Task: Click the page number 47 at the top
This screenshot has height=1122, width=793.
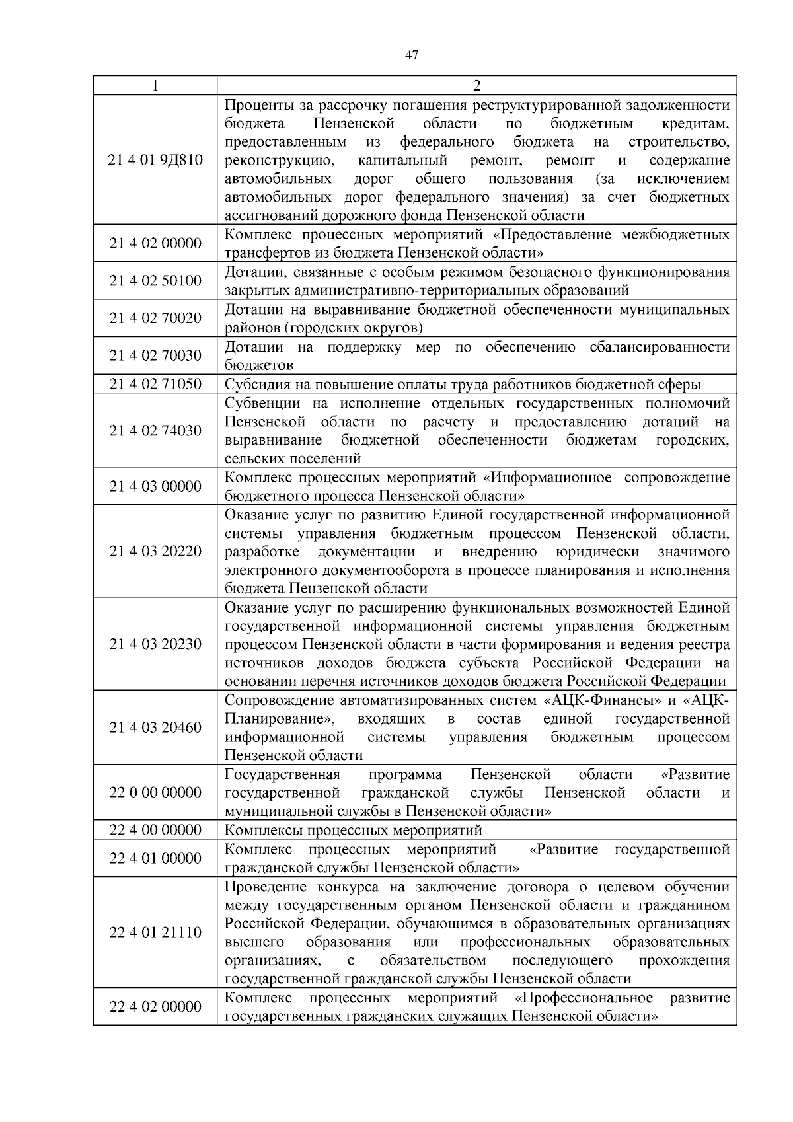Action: (x=411, y=56)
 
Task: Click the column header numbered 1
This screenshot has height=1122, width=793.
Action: (x=155, y=86)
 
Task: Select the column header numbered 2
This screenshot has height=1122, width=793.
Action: (x=476, y=86)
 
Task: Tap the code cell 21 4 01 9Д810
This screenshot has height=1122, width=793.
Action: (x=155, y=160)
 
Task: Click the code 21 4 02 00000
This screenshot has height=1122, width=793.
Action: (x=155, y=243)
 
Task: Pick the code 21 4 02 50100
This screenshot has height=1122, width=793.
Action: (x=155, y=281)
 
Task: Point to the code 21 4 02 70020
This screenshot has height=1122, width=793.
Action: (x=155, y=318)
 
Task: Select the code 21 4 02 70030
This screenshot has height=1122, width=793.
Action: (x=155, y=355)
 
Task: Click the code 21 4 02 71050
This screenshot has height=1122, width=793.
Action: (x=155, y=384)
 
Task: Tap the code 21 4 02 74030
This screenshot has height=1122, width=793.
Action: (x=155, y=430)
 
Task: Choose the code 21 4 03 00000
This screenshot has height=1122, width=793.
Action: (x=155, y=486)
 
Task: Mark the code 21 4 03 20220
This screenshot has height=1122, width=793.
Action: (x=155, y=551)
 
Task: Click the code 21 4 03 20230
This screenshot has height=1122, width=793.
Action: (x=155, y=644)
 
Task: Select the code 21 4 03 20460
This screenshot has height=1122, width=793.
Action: (x=155, y=728)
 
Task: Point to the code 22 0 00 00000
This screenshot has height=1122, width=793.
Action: (x=155, y=792)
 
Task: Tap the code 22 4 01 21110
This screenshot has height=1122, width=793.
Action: (x=155, y=932)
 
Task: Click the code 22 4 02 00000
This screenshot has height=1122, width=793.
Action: (x=155, y=1006)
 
